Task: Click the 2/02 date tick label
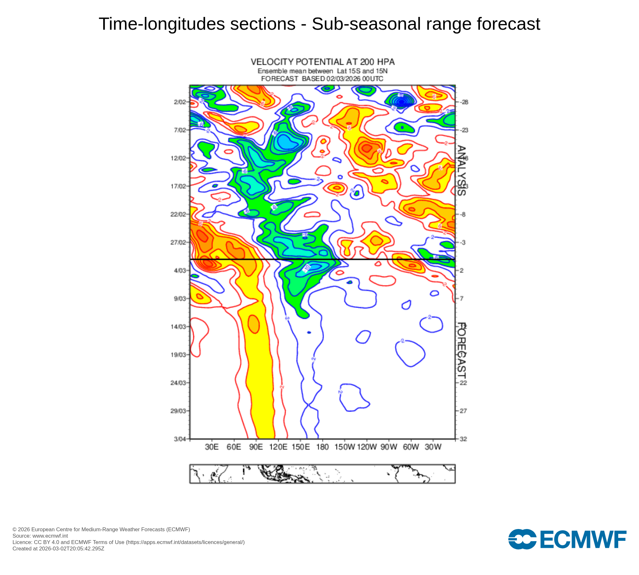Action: pos(180,102)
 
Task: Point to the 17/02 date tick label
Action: pos(178,186)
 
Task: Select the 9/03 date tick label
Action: pos(180,299)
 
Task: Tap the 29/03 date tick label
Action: pos(178,411)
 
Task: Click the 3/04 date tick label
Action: pos(180,439)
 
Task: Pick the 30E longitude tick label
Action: pos(212,447)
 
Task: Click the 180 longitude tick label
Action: pos(322,447)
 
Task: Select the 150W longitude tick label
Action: pos(345,447)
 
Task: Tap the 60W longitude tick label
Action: pos(411,447)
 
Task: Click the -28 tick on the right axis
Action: pos(464,102)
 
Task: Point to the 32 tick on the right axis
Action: pos(463,439)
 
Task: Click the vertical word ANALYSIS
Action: pos(461,170)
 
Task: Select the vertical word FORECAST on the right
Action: pos(461,351)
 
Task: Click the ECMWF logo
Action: pos(567,539)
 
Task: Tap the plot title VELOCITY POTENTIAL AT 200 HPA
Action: pos(322,62)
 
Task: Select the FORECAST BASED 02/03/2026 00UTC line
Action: pos(322,79)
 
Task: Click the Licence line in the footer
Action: pos(128,542)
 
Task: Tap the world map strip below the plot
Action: pos(322,474)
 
